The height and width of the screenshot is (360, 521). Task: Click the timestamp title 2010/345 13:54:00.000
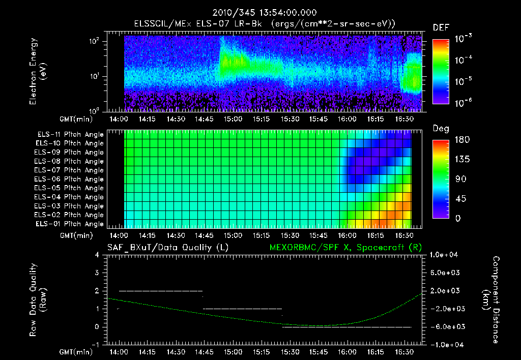pyautogui.click(x=260, y=12)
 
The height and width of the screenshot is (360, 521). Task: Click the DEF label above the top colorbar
pyautogui.click(x=441, y=27)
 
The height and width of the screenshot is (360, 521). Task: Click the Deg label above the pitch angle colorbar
pyautogui.click(x=441, y=129)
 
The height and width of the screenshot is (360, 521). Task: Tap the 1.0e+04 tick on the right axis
pyautogui.click(x=445, y=255)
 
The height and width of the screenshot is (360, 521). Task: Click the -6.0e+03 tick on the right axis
pyautogui.click(x=445, y=326)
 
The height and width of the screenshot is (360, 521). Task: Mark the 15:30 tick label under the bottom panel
pyautogui.click(x=290, y=351)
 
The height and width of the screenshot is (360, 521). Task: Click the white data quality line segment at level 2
pyautogui.click(x=160, y=291)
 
